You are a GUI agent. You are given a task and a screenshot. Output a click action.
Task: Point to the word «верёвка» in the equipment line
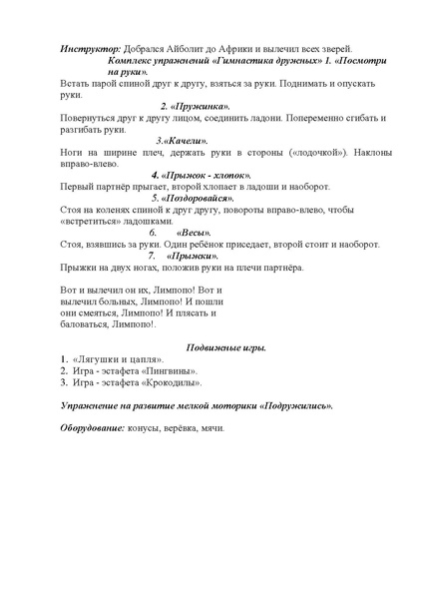click(185, 428)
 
